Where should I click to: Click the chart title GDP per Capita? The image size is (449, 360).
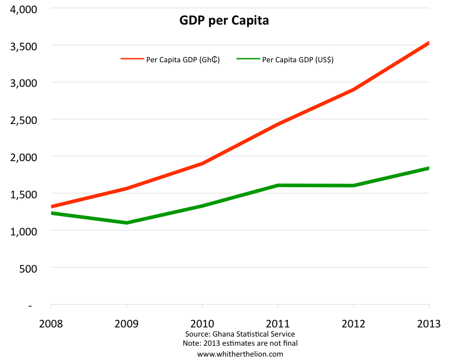click(x=224, y=21)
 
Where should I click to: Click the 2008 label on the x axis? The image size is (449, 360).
click(x=51, y=323)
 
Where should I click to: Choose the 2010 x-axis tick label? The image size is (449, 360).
click(x=202, y=323)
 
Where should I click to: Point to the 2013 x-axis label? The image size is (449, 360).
click(x=428, y=323)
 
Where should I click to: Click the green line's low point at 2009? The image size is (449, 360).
click(x=126, y=222)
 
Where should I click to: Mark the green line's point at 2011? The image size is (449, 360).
click(x=277, y=185)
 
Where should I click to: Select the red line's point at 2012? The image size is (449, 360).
click(x=353, y=90)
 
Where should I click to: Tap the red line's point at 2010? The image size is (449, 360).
click(x=202, y=163)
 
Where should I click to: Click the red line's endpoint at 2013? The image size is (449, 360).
click(x=428, y=43)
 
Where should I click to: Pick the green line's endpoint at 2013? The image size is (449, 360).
click(x=428, y=168)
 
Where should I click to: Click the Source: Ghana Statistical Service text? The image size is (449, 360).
click(x=240, y=334)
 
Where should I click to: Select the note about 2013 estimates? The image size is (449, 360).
click(x=240, y=343)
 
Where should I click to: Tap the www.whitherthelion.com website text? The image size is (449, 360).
click(x=240, y=354)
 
